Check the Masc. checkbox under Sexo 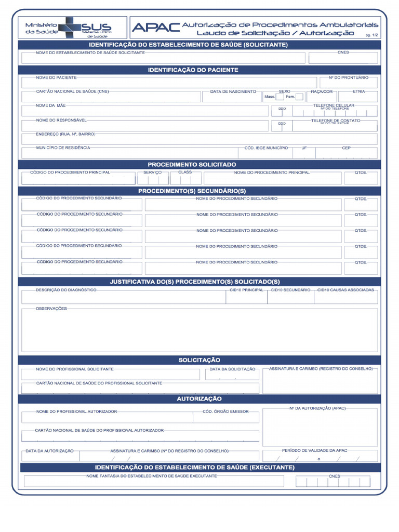(280, 97)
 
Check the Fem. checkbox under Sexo (299, 97)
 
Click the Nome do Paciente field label (56, 77)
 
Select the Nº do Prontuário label (348, 77)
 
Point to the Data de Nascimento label (233, 91)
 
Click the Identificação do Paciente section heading (193, 70)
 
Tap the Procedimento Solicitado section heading (192, 164)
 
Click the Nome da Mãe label (51, 105)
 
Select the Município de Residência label (63, 148)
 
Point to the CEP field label (347, 148)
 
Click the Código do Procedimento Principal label (70, 172)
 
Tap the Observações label (51, 309)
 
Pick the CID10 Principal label (247, 290)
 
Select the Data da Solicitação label (232, 369)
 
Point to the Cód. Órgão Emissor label (225, 411)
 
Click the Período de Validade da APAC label (315, 450)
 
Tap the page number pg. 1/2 (371, 34)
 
